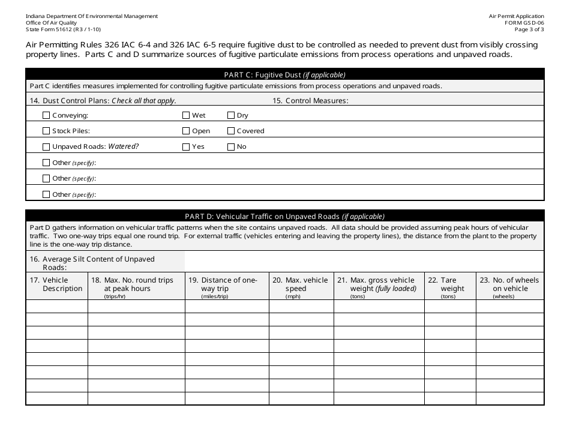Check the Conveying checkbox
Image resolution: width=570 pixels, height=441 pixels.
click(x=46, y=115)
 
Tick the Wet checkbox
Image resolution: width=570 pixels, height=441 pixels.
click(x=186, y=115)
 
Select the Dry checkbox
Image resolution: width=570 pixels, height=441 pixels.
click(x=231, y=115)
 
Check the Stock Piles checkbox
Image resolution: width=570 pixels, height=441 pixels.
click(x=46, y=131)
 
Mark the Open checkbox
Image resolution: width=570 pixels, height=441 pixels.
click(x=186, y=131)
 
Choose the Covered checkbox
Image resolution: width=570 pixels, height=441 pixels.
click(x=231, y=131)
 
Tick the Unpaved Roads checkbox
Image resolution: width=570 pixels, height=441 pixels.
click(x=46, y=146)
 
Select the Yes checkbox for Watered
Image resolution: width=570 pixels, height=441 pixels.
click(x=186, y=146)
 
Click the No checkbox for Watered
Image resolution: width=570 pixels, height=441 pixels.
click(x=231, y=146)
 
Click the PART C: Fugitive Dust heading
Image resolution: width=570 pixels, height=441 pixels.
click(x=284, y=75)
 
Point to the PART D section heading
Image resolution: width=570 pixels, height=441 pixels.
click(x=284, y=217)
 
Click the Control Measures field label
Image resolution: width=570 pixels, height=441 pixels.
click(x=310, y=101)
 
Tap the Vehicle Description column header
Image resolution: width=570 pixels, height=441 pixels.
click(x=57, y=285)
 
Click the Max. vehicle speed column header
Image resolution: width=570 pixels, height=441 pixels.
click(x=301, y=285)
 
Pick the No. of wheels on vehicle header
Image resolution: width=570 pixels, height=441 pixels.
click(x=510, y=285)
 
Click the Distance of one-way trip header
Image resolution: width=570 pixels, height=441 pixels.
click(x=226, y=285)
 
